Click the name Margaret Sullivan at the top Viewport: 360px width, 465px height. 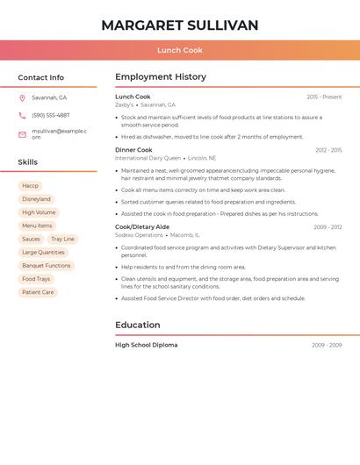point(180,25)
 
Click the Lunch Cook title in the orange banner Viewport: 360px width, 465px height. point(180,50)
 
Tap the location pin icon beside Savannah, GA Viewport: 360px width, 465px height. point(22,97)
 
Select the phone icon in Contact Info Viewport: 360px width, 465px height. point(22,115)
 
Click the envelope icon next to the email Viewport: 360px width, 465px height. point(22,134)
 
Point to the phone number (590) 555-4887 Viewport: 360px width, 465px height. point(50,115)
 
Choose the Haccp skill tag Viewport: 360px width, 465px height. point(31,186)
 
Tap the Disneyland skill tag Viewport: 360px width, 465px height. point(36,199)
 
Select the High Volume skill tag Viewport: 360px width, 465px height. point(39,212)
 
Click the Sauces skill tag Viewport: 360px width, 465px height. point(31,239)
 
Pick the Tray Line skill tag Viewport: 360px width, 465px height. point(62,239)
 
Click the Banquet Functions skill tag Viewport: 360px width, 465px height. point(47,266)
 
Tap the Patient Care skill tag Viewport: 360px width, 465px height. point(38,292)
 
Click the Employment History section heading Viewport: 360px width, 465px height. point(161,77)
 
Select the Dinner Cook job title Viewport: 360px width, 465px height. point(133,150)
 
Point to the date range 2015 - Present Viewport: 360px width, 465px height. point(324,97)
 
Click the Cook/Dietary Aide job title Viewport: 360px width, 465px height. point(142,227)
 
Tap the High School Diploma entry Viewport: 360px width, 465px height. point(146,345)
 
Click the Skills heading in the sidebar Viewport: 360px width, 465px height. point(28,162)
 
